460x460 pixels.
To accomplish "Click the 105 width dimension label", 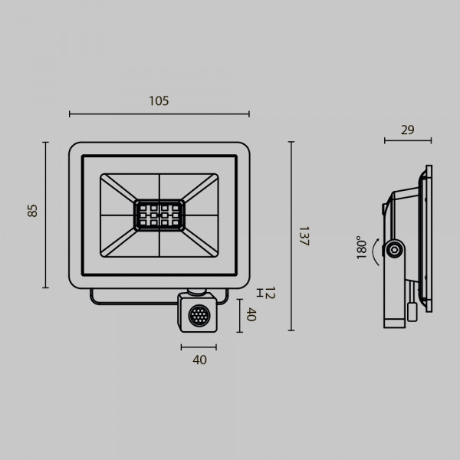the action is (159, 101).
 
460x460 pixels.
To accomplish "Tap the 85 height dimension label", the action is (32, 211).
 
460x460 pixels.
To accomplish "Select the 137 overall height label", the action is (304, 236).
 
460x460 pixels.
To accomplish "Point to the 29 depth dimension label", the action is (408, 130).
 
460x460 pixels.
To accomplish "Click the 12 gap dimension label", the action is (270, 293).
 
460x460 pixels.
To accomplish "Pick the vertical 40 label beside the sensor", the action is (251, 314).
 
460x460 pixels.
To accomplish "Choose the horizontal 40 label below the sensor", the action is (199, 360).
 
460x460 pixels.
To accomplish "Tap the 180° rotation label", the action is (361, 248).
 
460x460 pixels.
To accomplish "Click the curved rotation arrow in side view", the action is (375, 252).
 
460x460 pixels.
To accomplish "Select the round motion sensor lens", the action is (199, 315).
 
